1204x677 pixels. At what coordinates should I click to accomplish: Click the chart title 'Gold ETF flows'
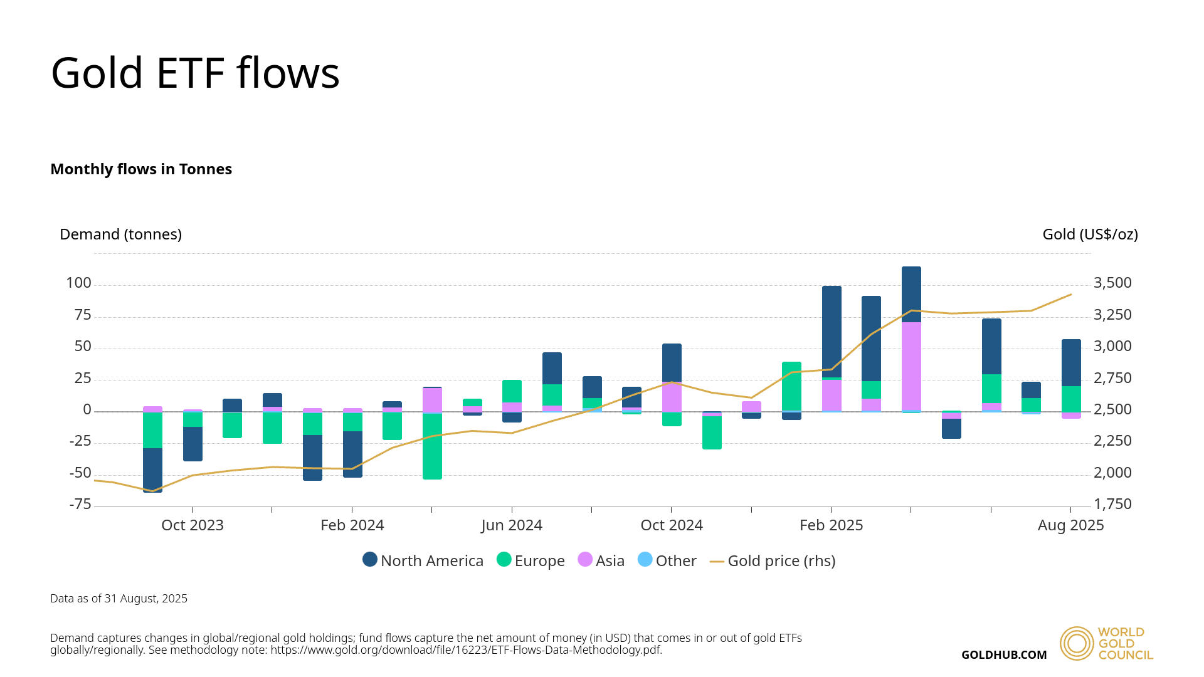pos(195,73)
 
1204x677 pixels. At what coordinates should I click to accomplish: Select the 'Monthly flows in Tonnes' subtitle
pos(141,169)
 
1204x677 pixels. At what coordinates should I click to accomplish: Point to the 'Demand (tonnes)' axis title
pos(120,234)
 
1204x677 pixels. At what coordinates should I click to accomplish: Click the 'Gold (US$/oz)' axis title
pos(1090,234)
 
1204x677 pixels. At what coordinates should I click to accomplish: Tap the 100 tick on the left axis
pos(79,283)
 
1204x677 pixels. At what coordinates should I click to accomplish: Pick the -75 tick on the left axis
pos(80,505)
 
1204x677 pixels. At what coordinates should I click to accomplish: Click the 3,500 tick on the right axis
pos(1112,283)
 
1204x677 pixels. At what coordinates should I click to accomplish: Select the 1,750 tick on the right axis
pos(1112,505)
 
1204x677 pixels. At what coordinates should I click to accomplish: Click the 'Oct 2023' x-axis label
pos(193,525)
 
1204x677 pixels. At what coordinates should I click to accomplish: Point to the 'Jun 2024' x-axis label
pos(512,525)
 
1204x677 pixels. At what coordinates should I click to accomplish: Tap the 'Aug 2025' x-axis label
pos(1070,525)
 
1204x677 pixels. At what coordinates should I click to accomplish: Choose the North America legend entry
pos(423,560)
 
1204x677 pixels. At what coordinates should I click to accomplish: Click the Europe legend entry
pos(531,560)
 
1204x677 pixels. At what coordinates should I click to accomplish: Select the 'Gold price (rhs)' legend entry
pos(773,560)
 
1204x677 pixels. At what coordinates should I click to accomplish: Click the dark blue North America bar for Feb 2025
pos(832,332)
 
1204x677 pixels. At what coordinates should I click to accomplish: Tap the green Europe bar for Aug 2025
pos(1071,399)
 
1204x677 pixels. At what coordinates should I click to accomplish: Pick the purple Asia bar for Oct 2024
pos(672,397)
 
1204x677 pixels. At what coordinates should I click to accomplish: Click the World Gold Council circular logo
pos(1077,643)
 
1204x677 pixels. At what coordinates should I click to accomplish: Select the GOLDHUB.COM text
pos(1004,655)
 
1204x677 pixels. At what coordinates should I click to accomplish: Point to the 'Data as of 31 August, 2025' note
pos(119,599)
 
